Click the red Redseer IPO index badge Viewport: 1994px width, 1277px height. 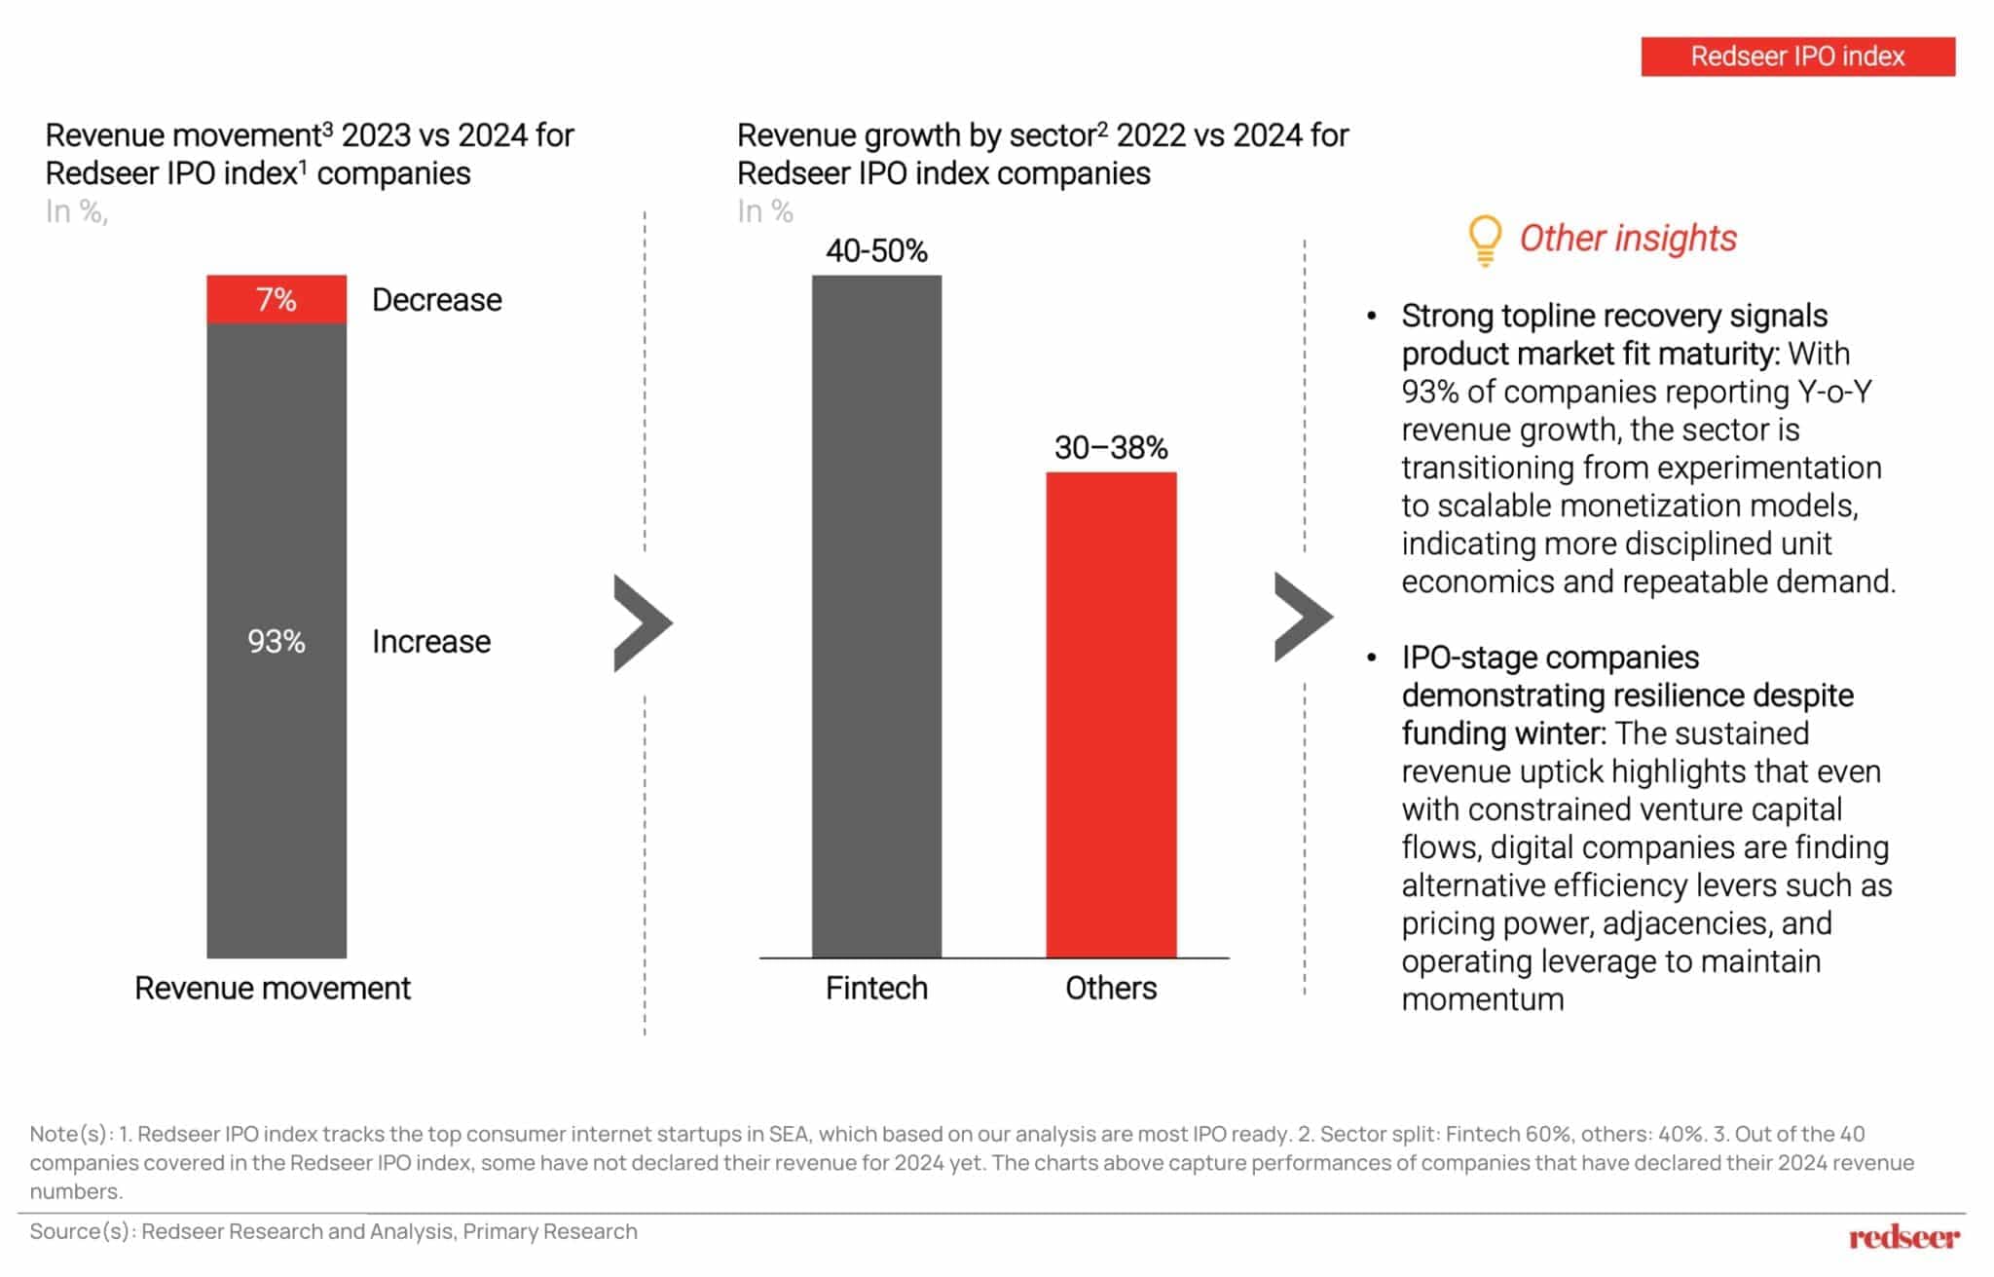[1797, 56]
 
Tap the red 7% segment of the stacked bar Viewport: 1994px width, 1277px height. [277, 299]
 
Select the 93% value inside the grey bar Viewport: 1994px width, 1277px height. [277, 641]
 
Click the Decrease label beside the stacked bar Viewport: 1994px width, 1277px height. [436, 300]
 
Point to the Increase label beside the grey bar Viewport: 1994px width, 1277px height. [431, 642]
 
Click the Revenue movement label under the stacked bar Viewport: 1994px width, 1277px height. [273, 988]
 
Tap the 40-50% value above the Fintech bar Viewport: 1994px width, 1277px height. [876, 251]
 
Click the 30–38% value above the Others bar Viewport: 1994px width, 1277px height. [1111, 448]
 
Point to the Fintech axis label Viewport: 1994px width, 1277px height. [876, 988]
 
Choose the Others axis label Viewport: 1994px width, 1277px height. [1111, 988]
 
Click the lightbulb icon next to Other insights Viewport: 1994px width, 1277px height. [1485, 240]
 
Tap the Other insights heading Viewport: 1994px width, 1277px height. [1628, 239]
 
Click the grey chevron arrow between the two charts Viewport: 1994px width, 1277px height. [642, 623]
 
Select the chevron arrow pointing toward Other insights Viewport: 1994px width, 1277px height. [1302, 618]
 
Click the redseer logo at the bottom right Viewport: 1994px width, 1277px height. [1903, 1237]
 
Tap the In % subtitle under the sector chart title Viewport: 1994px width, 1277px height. [765, 211]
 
